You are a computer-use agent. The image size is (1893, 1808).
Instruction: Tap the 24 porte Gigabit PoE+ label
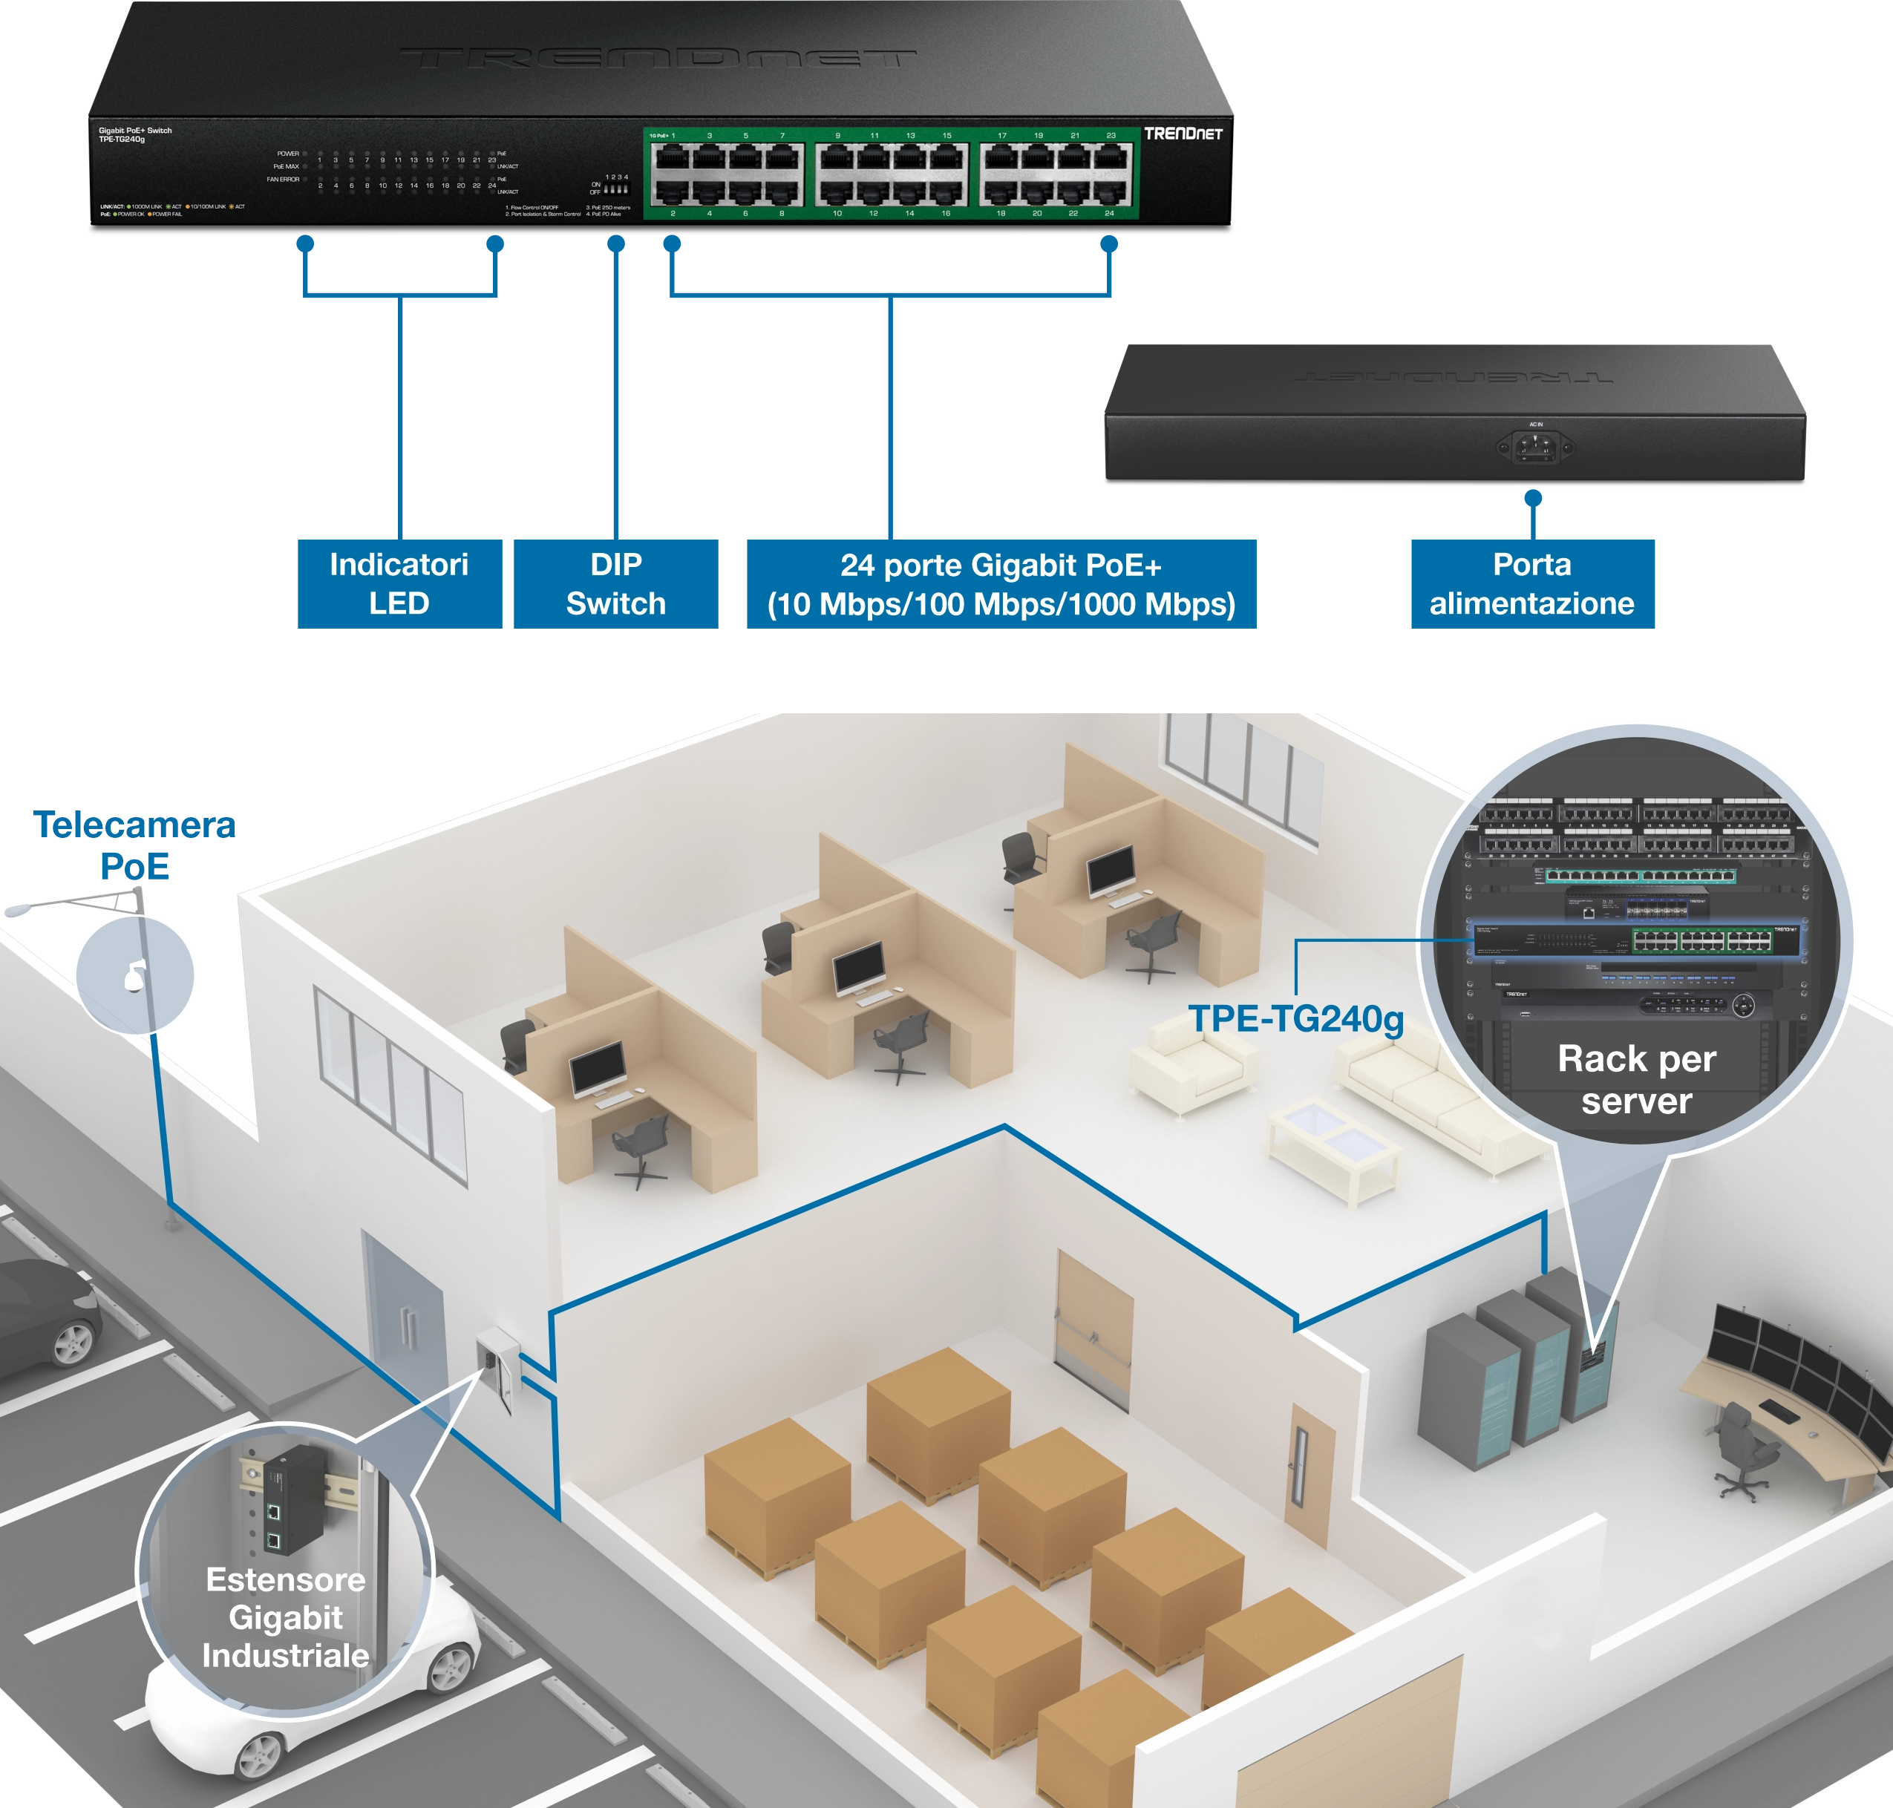tap(1001, 584)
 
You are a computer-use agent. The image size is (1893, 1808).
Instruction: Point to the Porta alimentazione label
tap(1531, 583)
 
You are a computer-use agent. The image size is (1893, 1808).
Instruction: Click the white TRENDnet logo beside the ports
tap(1183, 134)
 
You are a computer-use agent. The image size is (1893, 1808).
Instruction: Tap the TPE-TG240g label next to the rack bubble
tap(1295, 1019)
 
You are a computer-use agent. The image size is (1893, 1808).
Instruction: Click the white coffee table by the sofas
tap(1334, 1150)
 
